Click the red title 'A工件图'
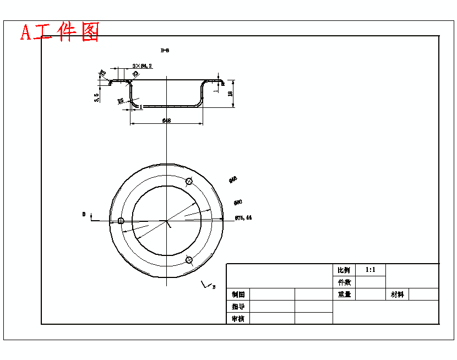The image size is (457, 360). pos(60,32)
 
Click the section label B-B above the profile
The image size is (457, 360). pos(165,51)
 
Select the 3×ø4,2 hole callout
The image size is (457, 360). pos(142,66)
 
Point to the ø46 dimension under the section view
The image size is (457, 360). pos(166,120)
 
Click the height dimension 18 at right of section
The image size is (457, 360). pos(231,94)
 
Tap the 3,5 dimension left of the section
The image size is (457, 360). pos(97,97)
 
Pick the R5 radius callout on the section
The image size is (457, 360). pos(120,101)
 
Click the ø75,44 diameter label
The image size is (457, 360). pos(243,218)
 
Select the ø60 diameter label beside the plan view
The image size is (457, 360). pos(238,202)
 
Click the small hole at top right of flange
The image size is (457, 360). pos(189,181)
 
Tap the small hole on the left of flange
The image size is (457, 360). pos(121,221)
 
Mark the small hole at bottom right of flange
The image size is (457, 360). pos(189,260)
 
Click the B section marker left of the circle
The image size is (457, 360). pos(84,214)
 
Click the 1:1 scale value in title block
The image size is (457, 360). pos(370,270)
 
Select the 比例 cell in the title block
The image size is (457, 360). pos(344,270)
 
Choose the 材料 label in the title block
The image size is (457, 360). pos(397,294)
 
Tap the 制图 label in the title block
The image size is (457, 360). pos(238,294)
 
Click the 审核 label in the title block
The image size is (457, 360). pos(238,319)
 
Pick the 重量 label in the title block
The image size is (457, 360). pos(344,294)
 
